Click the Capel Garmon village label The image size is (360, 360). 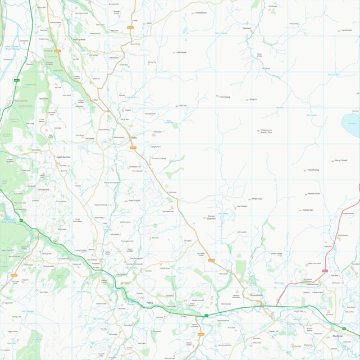click(x=62, y=157)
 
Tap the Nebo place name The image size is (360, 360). click(x=134, y=138)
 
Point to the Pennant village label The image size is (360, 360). click(x=247, y=28)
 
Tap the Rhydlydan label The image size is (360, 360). click(x=337, y=336)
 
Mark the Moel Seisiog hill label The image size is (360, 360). click(x=225, y=97)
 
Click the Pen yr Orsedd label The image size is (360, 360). click(x=341, y=160)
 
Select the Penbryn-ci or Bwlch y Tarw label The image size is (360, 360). click(x=266, y=132)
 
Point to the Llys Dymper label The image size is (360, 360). click(x=349, y=30)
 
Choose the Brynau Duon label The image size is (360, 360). click(x=314, y=194)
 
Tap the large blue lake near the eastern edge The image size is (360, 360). click(x=351, y=125)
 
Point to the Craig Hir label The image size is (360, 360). click(x=253, y=99)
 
